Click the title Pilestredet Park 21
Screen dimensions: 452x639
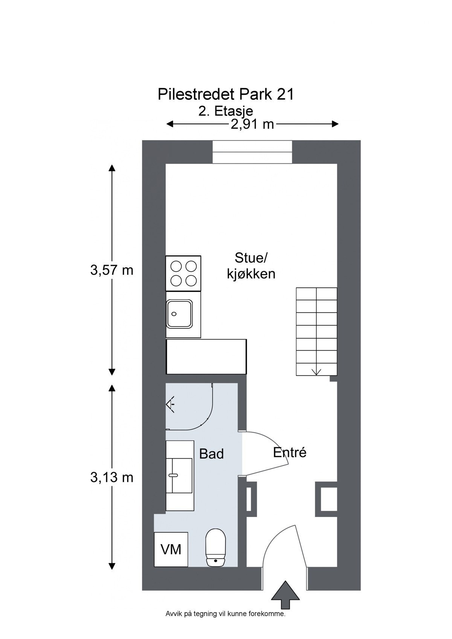pyautogui.click(x=226, y=95)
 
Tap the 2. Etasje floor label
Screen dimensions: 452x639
pyautogui.click(x=226, y=111)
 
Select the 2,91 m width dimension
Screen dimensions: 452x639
pyautogui.click(x=252, y=124)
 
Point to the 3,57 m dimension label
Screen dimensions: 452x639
pyautogui.click(x=112, y=270)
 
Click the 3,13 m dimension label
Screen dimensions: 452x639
pyautogui.click(x=112, y=477)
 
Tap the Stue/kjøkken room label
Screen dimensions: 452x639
pyautogui.click(x=251, y=266)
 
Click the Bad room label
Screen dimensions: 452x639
pyautogui.click(x=211, y=454)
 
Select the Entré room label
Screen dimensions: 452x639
pyautogui.click(x=290, y=453)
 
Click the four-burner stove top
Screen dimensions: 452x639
pyautogui.click(x=183, y=274)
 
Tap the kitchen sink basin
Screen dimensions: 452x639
pyautogui.click(x=180, y=314)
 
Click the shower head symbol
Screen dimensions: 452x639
pyautogui.click(x=170, y=404)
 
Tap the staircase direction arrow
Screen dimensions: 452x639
pyautogui.click(x=316, y=372)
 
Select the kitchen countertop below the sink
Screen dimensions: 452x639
pyautogui.click(x=206, y=357)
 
